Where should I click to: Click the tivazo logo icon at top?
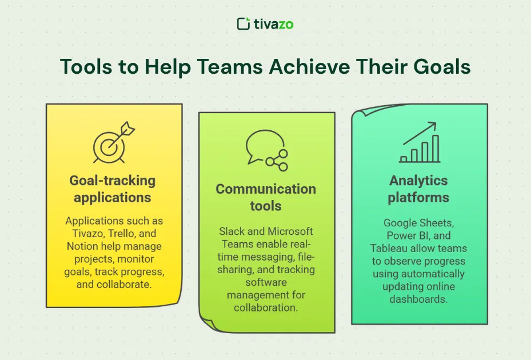click(x=243, y=23)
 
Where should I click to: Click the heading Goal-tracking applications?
click(x=113, y=189)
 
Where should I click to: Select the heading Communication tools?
click(x=265, y=197)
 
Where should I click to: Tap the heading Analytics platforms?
click(x=418, y=189)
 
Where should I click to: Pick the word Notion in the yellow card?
click(x=83, y=246)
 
